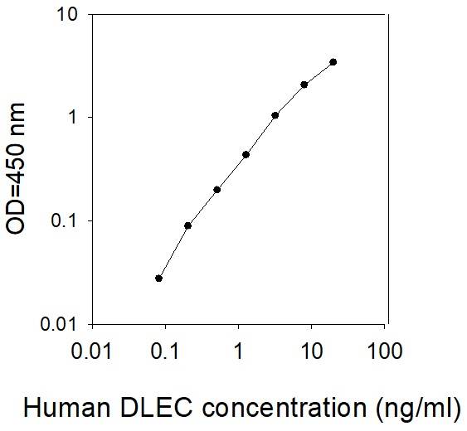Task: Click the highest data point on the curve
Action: [333, 62]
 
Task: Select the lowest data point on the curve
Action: [158, 278]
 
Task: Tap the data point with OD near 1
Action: [275, 115]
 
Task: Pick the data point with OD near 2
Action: [304, 85]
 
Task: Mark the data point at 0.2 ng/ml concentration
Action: [187, 225]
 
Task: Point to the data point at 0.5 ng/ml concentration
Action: [216, 190]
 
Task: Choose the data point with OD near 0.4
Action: [246, 154]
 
